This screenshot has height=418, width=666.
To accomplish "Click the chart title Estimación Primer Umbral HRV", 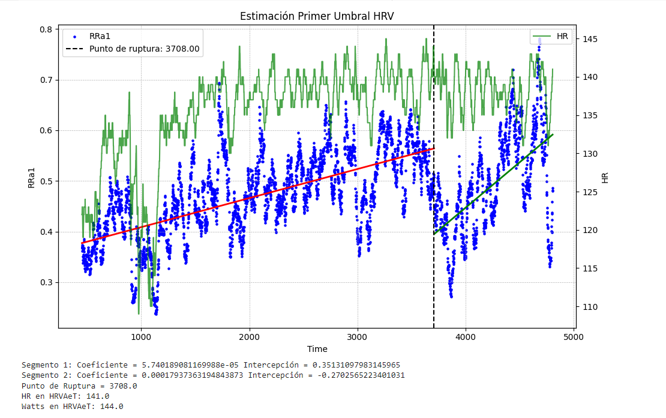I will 317,16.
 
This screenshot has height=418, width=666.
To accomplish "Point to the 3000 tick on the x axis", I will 358,338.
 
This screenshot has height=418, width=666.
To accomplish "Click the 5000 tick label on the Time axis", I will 574,338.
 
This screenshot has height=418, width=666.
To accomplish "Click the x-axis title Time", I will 317,349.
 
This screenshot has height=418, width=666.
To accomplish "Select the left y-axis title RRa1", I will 32,178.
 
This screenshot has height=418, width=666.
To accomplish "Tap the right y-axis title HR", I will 605,178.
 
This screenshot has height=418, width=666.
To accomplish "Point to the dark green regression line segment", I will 492,184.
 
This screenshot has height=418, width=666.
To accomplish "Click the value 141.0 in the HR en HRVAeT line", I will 98,396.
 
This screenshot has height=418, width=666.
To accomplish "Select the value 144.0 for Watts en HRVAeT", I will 112,406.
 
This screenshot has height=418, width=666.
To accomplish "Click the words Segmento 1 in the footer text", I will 44,365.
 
